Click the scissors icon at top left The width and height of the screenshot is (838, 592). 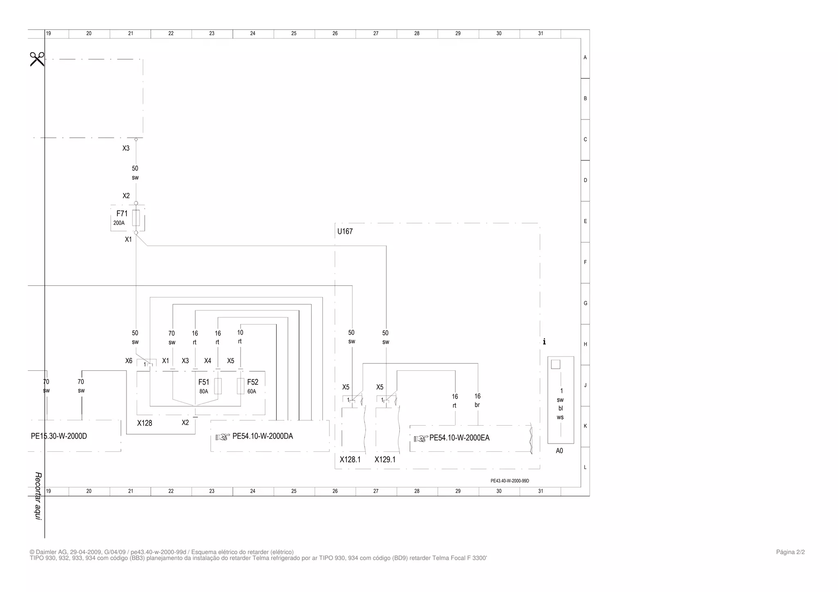(37, 59)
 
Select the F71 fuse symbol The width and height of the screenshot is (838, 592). (136, 218)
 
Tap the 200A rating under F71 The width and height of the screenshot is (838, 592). (119, 223)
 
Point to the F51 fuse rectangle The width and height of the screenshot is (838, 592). (218, 386)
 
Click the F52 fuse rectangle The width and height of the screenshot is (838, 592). (241, 386)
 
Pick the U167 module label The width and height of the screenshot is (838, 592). (345, 231)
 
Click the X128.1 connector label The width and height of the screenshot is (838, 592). (350, 460)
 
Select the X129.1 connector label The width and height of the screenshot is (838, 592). (385, 460)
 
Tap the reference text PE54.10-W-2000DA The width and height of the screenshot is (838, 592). (263, 436)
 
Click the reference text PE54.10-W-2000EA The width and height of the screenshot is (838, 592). (460, 438)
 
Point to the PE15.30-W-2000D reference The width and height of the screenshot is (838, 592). (59, 436)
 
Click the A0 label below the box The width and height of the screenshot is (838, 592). (559, 451)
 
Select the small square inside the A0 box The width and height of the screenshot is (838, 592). (556, 364)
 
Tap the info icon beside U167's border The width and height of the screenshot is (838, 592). (544, 341)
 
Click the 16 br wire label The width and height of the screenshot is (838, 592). (478, 401)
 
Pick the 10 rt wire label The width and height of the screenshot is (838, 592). (240, 337)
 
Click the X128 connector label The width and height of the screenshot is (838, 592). (144, 423)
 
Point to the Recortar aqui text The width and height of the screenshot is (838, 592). (38, 496)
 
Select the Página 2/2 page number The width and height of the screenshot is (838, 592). (791, 552)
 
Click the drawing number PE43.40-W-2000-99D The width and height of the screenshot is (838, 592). (510, 481)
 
